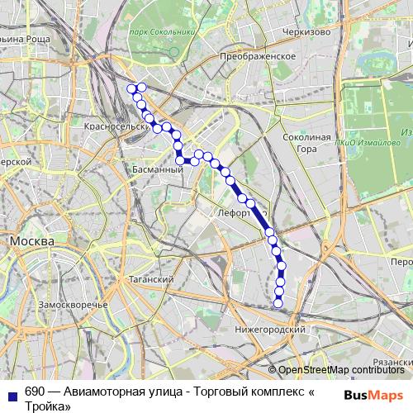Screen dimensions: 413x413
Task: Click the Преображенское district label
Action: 259,55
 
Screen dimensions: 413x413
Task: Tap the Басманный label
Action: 157,169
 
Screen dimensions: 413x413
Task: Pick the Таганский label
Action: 150,280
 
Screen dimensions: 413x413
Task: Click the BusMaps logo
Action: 373,395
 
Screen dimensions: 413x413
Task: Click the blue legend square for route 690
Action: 11,394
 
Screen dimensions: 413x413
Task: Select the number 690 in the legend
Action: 35,392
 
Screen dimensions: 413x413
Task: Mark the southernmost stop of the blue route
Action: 278,303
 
